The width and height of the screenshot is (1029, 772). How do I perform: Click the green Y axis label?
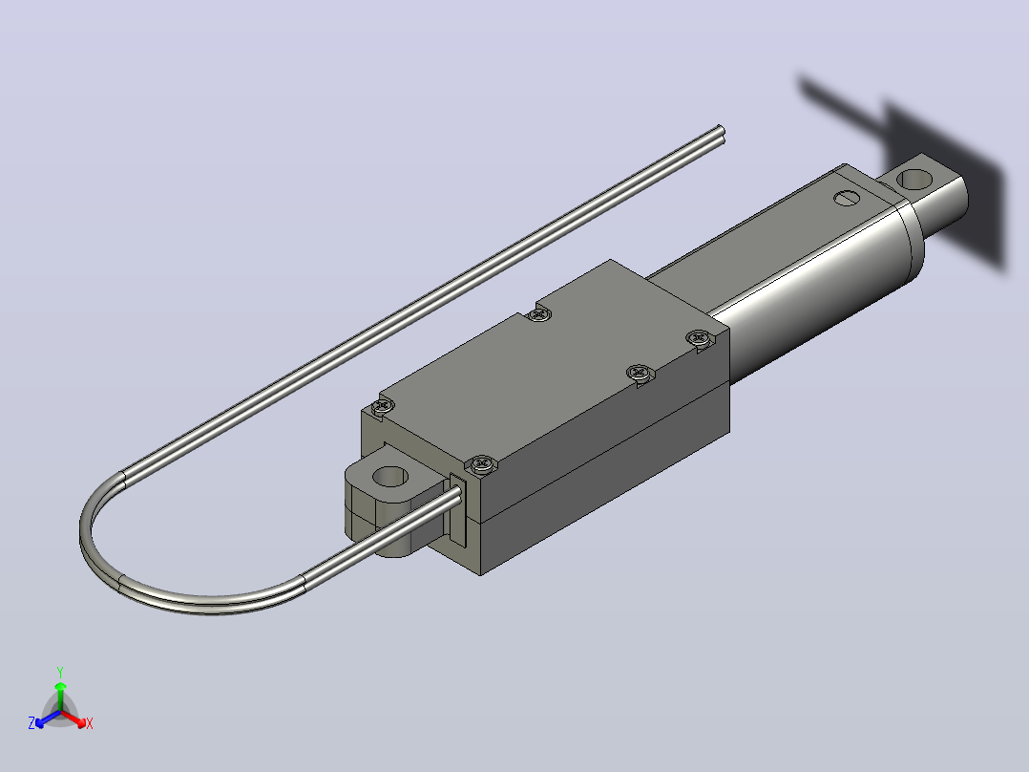60,672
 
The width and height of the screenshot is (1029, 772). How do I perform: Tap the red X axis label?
90,723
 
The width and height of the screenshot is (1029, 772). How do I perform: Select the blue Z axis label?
31,722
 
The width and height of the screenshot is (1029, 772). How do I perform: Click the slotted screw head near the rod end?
846,197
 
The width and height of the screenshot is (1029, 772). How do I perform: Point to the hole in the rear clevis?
914,179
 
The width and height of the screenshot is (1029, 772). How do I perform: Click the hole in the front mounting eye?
389,477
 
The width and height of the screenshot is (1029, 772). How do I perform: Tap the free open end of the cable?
721,134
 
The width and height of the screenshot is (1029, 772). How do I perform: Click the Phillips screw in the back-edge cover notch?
539,314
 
